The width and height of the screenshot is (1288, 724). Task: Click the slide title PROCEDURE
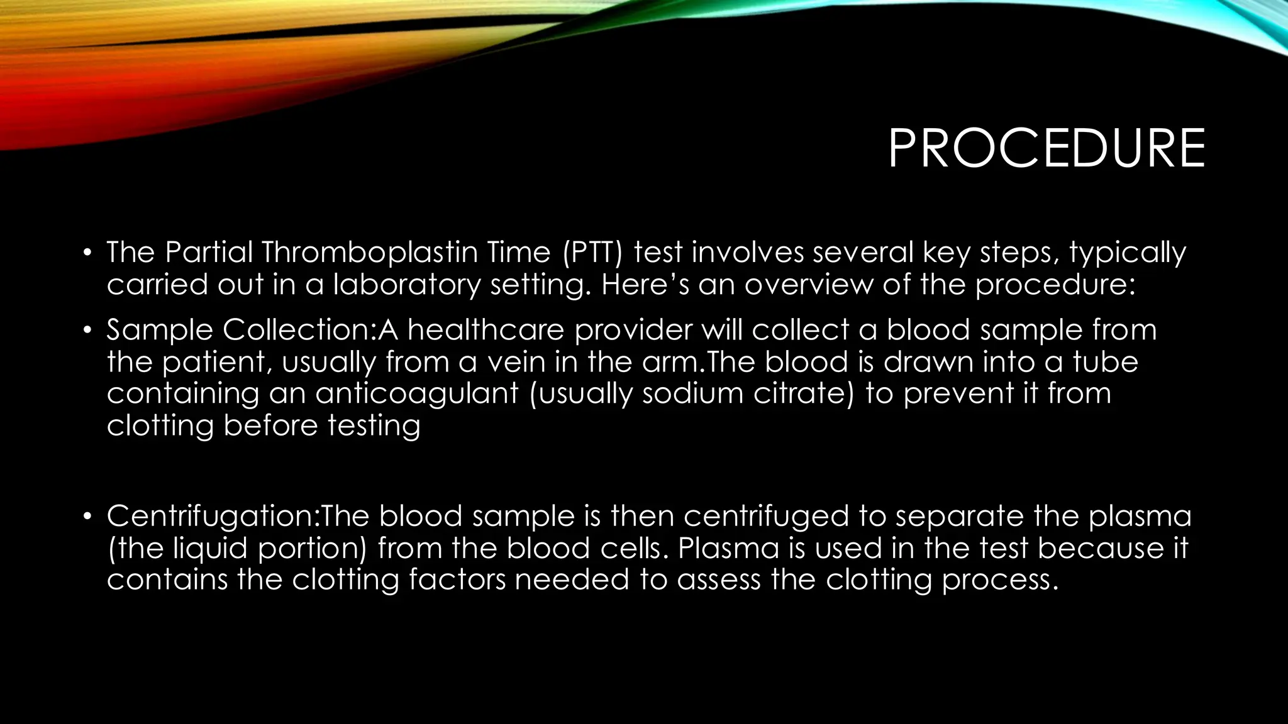1046,149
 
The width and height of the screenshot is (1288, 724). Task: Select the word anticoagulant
416,394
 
